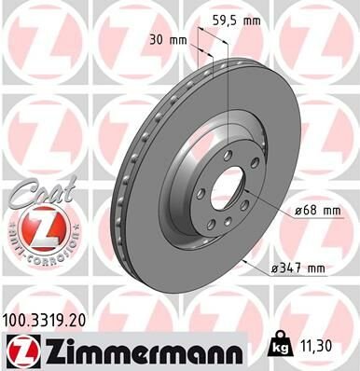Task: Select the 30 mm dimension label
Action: coord(169,40)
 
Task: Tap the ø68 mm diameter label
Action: coord(317,211)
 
